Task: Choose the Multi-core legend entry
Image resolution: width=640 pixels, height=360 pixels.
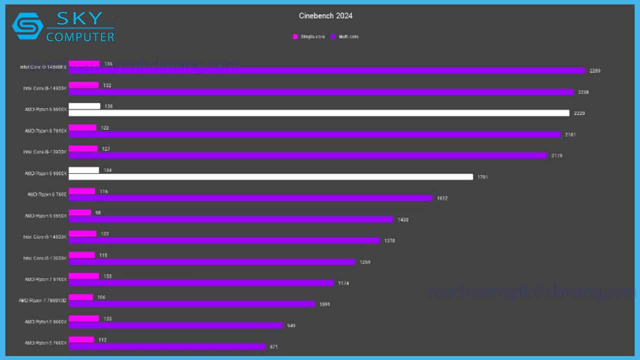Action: [347, 37]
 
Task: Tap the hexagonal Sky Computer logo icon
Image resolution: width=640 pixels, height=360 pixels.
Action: [27, 26]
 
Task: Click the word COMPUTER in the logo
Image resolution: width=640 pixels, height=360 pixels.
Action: [80, 36]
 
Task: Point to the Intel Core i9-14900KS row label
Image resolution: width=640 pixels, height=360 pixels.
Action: [43, 67]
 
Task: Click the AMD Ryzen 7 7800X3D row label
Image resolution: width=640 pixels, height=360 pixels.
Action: [42, 300]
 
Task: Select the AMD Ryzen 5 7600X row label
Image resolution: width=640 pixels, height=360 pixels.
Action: [45, 343]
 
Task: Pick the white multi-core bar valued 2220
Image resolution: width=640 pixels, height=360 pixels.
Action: [319, 113]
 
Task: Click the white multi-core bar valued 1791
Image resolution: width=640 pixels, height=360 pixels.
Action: [270, 177]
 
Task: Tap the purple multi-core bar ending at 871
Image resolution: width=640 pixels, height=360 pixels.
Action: [167, 346]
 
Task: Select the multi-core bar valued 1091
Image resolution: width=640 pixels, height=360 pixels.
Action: [192, 304]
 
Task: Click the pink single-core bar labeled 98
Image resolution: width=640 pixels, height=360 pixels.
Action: [80, 212]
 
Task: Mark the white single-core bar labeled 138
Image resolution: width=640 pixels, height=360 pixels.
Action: [84, 106]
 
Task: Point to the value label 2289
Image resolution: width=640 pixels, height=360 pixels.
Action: [594, 71]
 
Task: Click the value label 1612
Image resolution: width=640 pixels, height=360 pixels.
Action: [442, 198]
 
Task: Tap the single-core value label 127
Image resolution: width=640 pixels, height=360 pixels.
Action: [106, 149]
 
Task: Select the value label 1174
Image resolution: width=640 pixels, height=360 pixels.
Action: [343, 283]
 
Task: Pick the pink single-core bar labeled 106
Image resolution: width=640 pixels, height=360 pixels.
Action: [81, 297]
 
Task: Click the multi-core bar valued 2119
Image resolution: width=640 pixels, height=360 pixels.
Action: [308, 155]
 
